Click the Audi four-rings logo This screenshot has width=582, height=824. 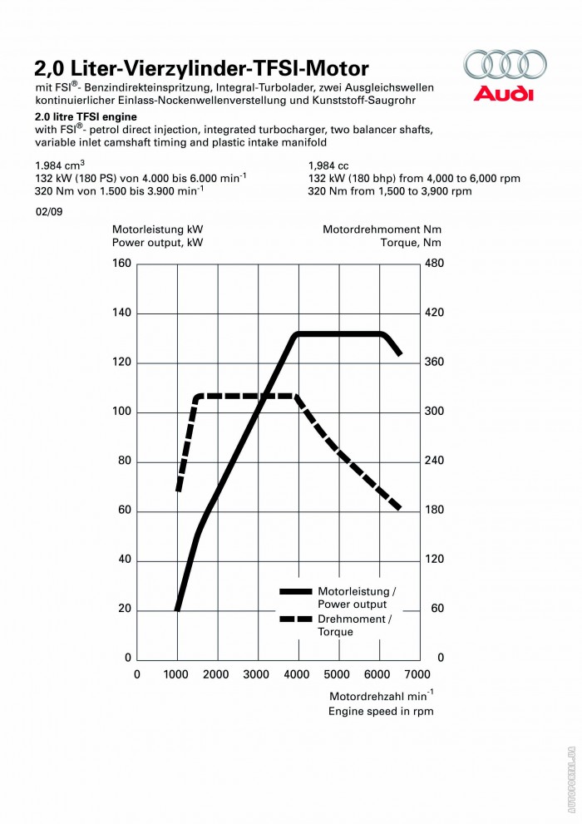(505, 65)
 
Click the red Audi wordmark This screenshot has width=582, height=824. (504, 93)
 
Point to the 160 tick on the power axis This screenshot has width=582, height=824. (122, 264)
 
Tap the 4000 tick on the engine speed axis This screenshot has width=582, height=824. (297, 674)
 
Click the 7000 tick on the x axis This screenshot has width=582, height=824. (417, 674)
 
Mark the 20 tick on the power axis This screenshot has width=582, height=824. (125, 609)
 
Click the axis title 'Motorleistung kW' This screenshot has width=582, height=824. (157, 229)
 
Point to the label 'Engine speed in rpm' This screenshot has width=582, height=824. (381, 711)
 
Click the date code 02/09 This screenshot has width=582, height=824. (47, 212)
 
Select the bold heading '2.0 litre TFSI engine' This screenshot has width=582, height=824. (86, 117)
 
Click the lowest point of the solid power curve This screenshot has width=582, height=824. (177, 609)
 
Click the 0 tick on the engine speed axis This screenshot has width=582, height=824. (137, 674)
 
